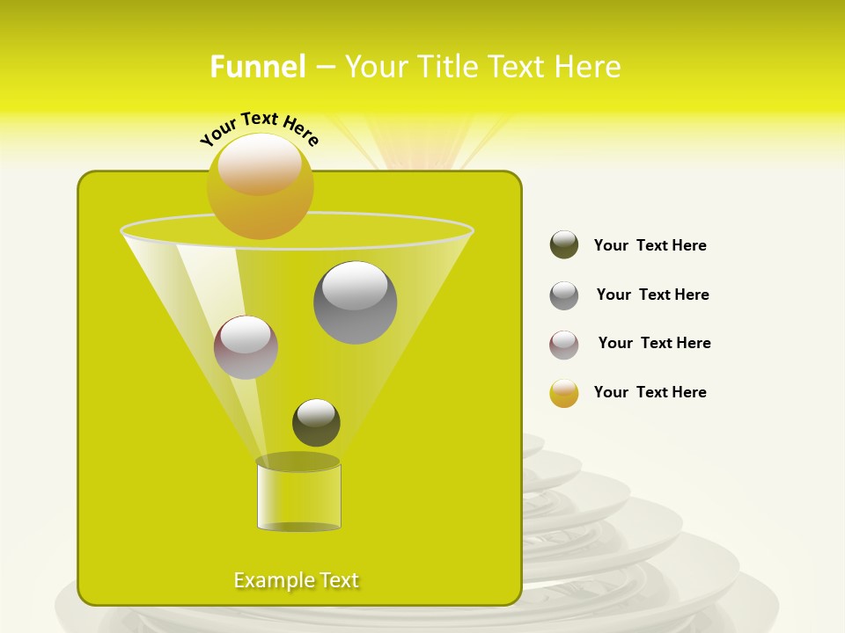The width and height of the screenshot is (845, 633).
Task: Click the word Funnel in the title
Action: (x=258, y=67)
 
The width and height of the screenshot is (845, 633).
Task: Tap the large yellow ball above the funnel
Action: (x=260, y=186)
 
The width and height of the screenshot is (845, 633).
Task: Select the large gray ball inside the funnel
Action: (x=355, y=302)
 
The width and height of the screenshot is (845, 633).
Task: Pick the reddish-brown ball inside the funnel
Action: (x=246, y=347)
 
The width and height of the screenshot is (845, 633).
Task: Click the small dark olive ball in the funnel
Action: (x=316, y=423)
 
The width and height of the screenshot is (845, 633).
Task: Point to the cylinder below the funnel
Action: (x=298, y=494)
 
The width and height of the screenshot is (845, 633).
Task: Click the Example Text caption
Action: (x=297, y=580)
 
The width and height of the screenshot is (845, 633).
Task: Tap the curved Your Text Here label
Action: (x=259, y=128)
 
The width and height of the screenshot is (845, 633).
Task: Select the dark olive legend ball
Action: (x=564, y=245)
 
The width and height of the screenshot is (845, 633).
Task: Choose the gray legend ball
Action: (x=564, y=295)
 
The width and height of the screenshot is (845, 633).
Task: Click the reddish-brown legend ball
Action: (x=564, y=345)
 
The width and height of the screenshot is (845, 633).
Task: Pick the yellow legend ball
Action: (x=564, y=393)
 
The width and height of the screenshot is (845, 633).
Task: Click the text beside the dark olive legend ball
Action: (x=650, y=246)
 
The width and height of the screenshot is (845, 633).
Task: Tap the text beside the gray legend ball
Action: (x=652, y=295)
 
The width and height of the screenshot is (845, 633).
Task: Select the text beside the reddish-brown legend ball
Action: (x=654, y=344)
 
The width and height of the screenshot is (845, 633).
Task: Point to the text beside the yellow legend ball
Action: (x=650, y=393)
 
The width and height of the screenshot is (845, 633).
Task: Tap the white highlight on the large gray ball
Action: (x=355, y=285)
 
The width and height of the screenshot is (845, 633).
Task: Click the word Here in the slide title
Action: (x=588, y=67)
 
